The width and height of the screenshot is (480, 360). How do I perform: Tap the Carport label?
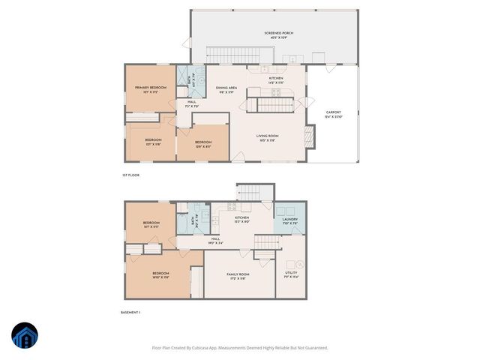[333, 114]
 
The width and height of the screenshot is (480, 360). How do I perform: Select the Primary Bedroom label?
[150, 89]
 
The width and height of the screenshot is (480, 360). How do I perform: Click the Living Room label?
[268, 138]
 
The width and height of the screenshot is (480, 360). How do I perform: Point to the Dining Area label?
[227, 89]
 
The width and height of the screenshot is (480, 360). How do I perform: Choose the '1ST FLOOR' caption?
[130, 175]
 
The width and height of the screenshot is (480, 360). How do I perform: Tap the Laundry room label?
[289, 220]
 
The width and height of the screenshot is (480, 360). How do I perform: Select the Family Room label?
[238, 275]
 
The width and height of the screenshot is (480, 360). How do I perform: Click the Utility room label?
[290, 275]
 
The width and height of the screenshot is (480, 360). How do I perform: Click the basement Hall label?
[215, 241]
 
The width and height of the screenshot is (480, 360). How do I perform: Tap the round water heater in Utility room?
[298, 263]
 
